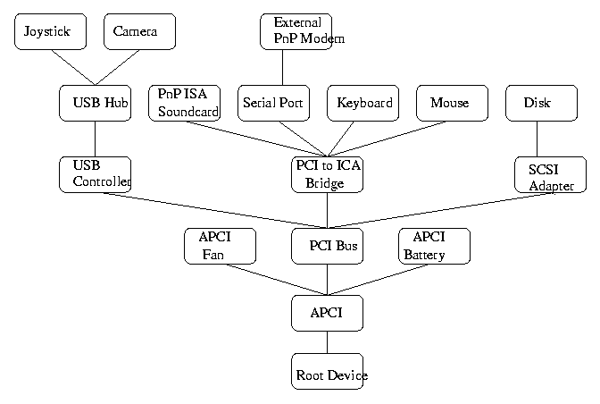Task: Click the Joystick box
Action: click(51, 31)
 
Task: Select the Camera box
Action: click(139, 31)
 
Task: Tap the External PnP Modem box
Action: click(296, 31)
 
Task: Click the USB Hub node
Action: click(95, 103)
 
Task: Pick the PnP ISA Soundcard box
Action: click(184, 103)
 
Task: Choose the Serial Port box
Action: click(273, 103)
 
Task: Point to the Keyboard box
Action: click(362, 103)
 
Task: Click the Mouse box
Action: click(452, 103)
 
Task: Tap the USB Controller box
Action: click(95, 174)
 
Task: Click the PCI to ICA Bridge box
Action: click(327, 174)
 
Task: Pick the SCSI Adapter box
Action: click(551, 174)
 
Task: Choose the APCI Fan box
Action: click(220, 246)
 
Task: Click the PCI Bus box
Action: click(327, 246)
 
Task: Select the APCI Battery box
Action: click(434, 246)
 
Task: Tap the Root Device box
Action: click(327, 371)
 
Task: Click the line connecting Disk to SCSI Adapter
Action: click(537, 139)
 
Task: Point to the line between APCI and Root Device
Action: click(327, 341)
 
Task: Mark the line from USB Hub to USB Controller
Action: click(95, 139)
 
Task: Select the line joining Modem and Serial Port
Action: click(282, 67)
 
